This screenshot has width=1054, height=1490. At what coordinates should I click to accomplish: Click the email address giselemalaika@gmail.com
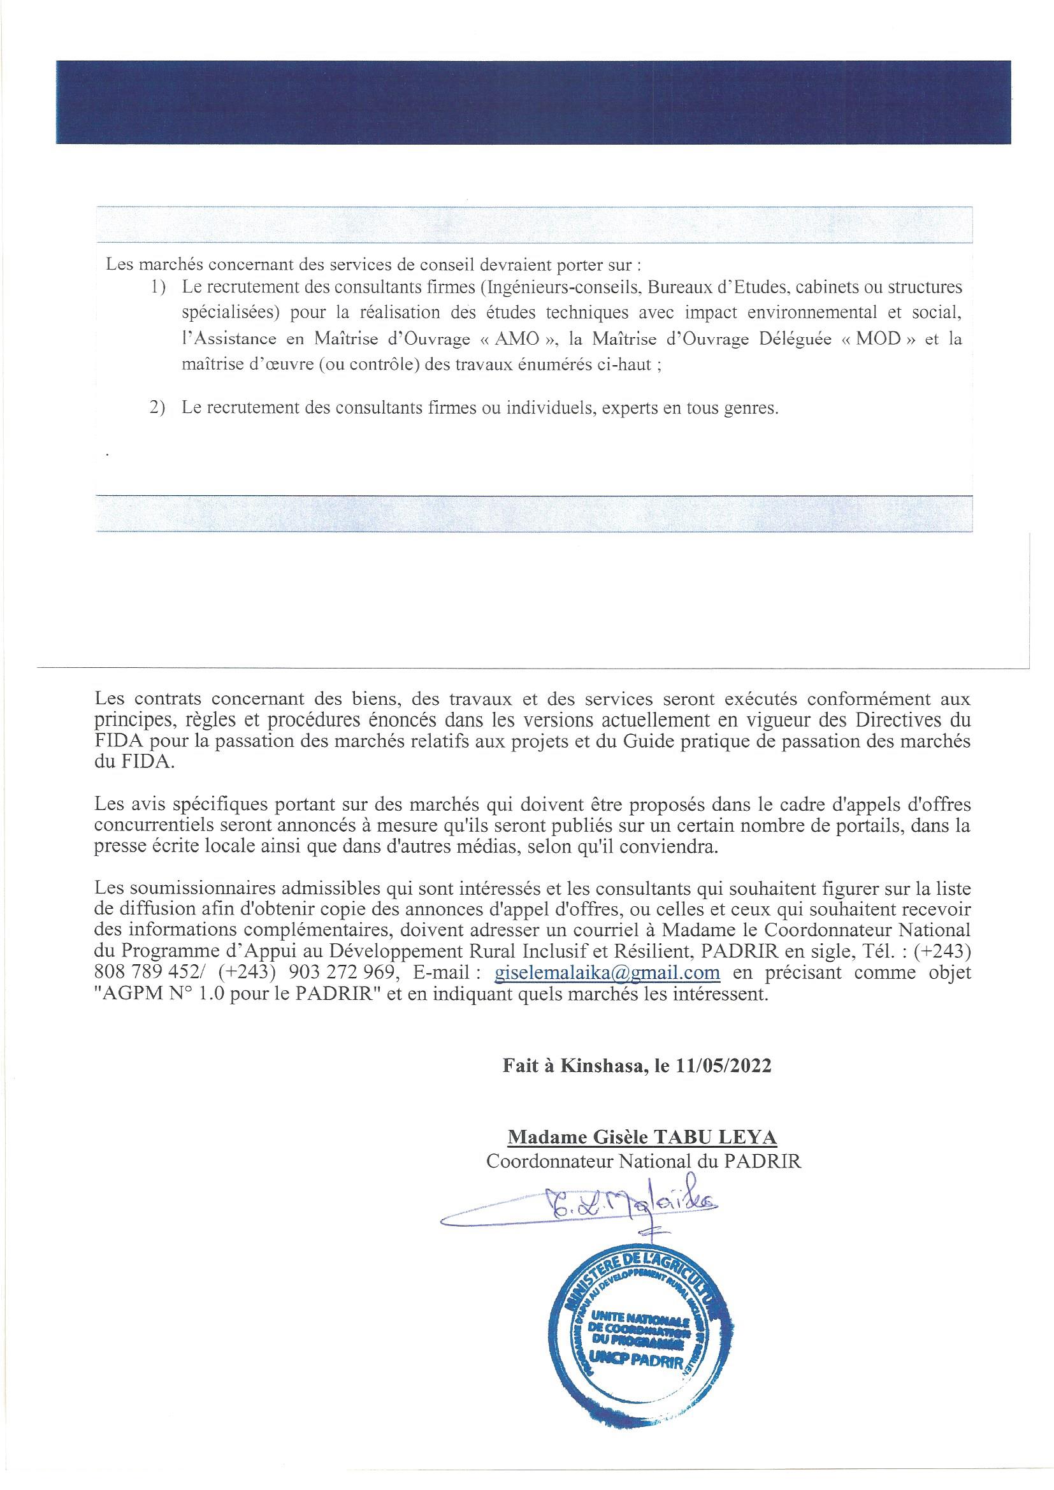pos(607,991)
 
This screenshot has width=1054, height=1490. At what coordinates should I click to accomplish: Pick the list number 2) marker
pos(159,409)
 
